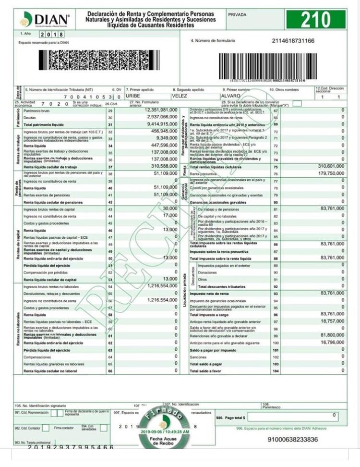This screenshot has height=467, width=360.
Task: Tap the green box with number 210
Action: click(x=316, y=20)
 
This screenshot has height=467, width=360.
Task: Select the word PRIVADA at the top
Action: click(x=237, y=15)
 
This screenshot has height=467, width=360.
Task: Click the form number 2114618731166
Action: click(x=293, y=41)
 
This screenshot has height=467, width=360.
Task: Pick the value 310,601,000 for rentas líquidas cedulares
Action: click(x=331, y=166)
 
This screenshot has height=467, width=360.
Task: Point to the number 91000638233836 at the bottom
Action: click(x=292, y=439)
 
